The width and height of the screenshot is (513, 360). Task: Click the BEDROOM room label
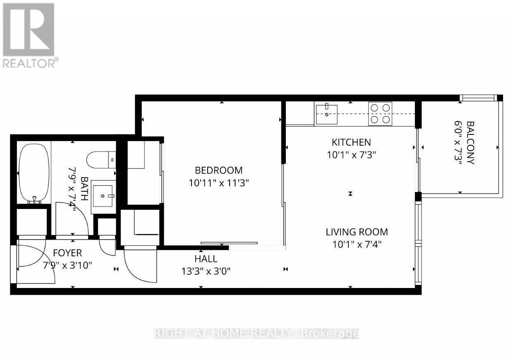point(218,170)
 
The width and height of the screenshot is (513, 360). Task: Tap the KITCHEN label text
point(351,142)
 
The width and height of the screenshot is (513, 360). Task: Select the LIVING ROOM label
point(357,232)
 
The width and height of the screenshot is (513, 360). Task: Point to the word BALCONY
point(470,143)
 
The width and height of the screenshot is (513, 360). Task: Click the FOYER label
point(67,253)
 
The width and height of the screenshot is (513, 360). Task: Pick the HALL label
point(206,259)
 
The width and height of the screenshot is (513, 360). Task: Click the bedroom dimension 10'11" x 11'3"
point(218,182)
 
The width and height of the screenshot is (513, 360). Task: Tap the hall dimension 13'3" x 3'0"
point(206,271)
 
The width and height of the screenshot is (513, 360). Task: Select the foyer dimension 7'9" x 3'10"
point(67,265)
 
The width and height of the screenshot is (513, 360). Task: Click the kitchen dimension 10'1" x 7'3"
point(351,155)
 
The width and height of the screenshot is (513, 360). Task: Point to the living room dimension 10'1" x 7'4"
point(357,244)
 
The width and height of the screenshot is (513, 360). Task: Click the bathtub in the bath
point(34,173)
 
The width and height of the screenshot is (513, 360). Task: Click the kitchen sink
point(326,114)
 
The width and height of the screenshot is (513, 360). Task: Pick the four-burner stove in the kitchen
point(380,113)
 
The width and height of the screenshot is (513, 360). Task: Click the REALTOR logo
point(29,35)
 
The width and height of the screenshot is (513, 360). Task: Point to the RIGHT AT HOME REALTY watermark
point(256,334)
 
